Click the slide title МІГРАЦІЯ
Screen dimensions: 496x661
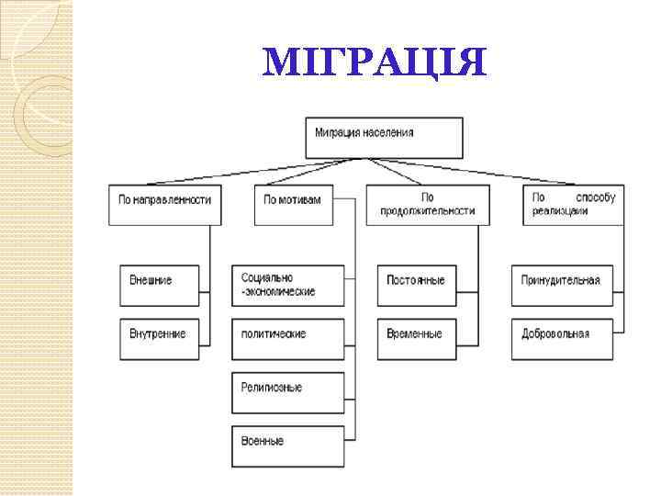point(373,62)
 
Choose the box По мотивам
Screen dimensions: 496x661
point(293,204)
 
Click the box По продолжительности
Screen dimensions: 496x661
point(428,204)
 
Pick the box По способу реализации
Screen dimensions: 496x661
point(574,204)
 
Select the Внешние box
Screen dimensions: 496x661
point(159,285)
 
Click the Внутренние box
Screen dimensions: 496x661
point(159,338)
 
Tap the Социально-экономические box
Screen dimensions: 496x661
point(288,285)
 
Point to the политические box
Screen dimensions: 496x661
point(288,338)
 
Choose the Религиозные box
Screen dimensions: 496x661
point(288,391)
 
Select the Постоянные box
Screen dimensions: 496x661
point(416,285)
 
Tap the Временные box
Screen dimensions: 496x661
point(416,338)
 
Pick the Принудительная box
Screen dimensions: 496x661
point(562,285)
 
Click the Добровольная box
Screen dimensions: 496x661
point(562,338)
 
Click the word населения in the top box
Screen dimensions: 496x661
point(387,132)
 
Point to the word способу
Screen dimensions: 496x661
point(596,198)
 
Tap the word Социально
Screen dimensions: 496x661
point(267,278)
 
